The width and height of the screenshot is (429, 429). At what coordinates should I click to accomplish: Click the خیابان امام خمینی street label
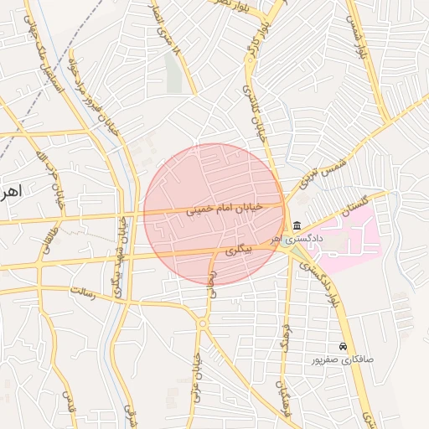[224, 210]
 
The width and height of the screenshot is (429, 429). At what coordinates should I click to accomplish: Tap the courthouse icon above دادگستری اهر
[297, 225]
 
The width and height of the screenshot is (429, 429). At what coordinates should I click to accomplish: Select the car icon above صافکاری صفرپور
[343, 346]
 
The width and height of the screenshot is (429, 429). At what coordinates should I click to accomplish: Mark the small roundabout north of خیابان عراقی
[202, 322]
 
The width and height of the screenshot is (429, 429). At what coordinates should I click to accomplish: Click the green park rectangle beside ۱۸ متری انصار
[173, 72]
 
